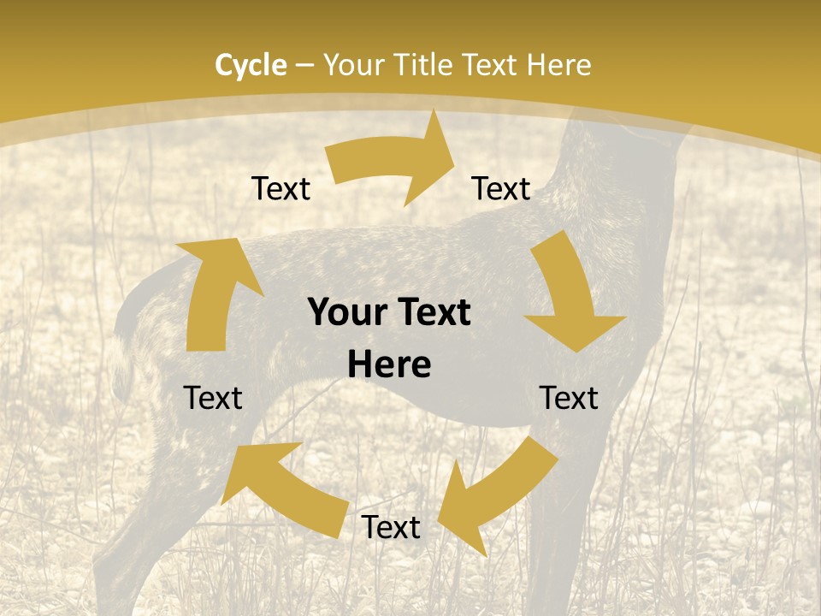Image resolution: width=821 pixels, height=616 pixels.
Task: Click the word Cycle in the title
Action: [251, 65]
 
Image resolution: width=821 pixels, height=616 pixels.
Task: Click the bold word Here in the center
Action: [389, 365]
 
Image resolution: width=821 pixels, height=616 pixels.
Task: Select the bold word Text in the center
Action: [430, 312]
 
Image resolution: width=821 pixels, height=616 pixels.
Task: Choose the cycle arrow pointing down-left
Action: [496, 496]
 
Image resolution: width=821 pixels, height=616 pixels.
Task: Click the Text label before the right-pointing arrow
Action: [281, 188]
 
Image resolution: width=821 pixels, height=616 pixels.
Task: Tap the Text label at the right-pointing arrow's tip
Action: [501, 188]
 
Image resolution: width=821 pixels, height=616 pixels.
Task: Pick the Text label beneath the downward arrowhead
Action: [570, 398]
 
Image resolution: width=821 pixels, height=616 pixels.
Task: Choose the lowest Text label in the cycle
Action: [391, 528]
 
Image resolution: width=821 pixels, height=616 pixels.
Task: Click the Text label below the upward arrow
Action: [213, 398]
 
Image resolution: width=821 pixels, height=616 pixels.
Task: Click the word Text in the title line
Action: [493, 65]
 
